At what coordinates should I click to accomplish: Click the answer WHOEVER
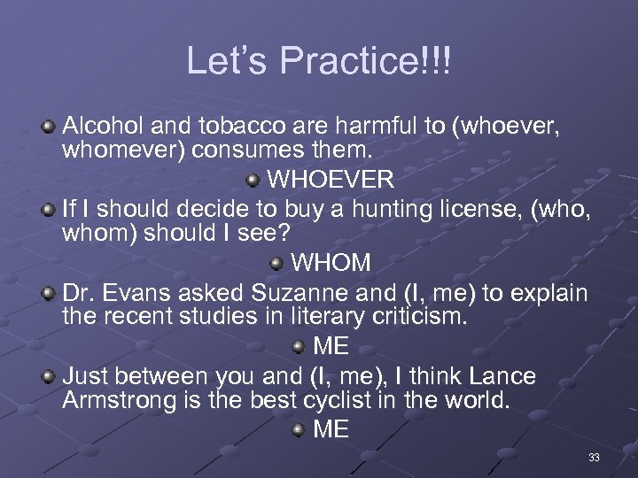(331, 181)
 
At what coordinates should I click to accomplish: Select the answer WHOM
(331, 263)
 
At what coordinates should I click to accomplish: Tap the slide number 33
(594, 458)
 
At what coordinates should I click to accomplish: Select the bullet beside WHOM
(277, 263)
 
